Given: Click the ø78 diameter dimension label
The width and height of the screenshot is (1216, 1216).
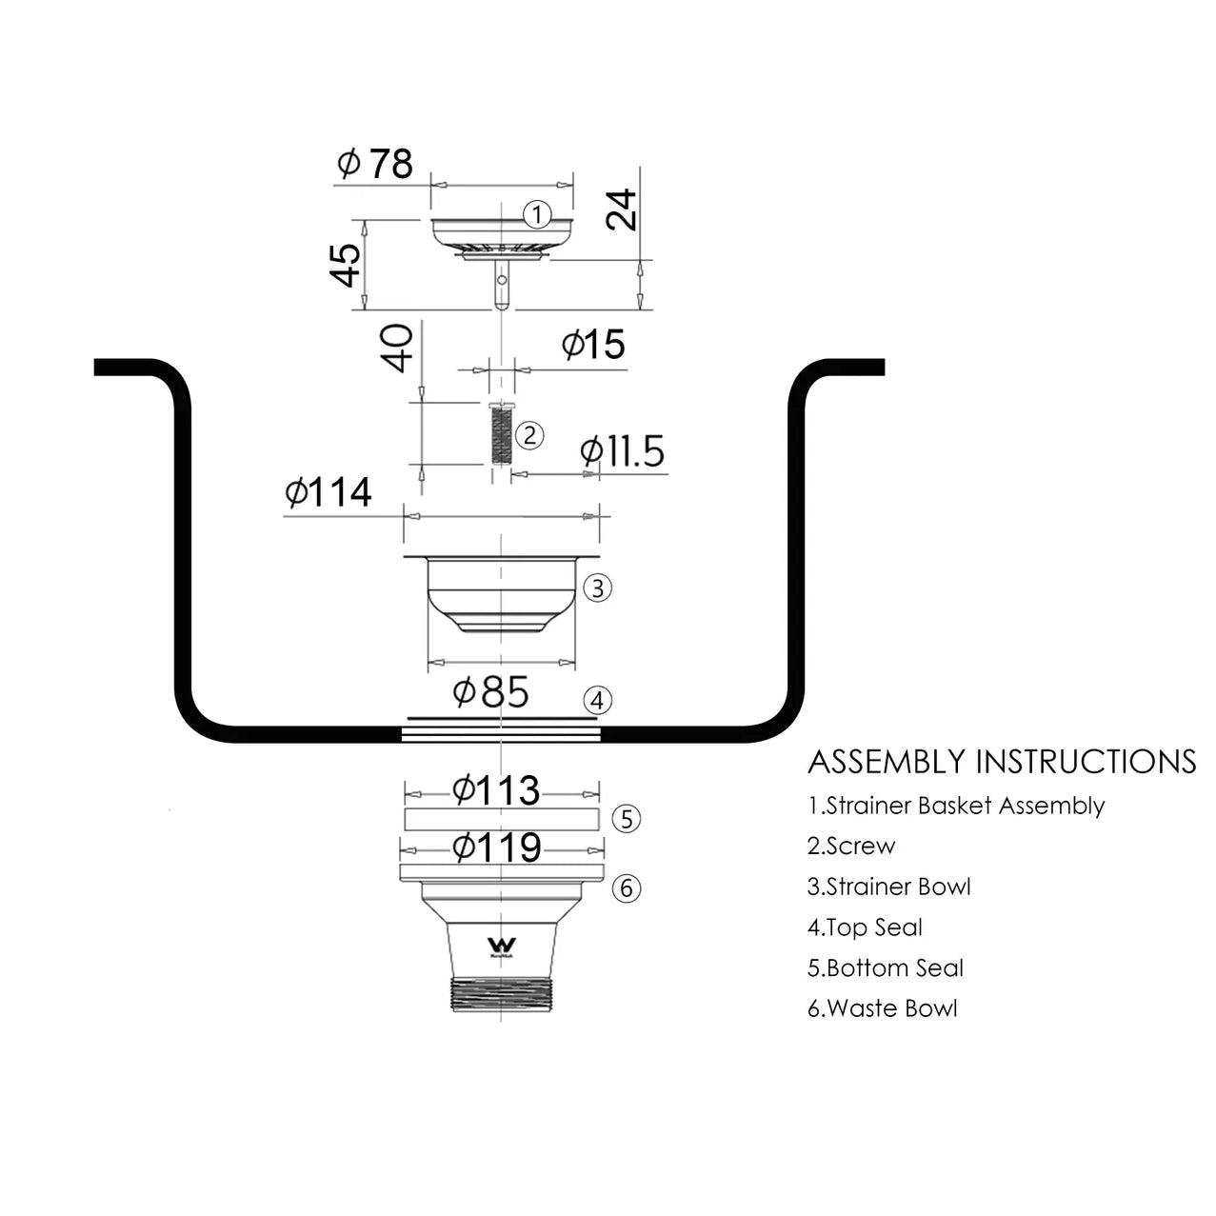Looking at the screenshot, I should click(x=375, y=164).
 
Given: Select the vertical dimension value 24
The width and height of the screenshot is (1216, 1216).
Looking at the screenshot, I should click(x=622, y=209).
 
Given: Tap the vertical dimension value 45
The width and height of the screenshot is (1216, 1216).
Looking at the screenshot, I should click(x=345, y=265).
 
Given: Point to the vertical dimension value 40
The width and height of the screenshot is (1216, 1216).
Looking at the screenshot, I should click(x=398, y=348).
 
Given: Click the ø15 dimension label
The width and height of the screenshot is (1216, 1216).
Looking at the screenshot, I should click(x=592, y=344).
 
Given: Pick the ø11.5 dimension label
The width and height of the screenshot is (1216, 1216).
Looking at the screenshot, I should click(x=622, y=451).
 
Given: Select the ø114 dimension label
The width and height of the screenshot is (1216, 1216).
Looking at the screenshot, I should click(x=328, y=493).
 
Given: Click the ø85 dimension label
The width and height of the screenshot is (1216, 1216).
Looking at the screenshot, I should click(x=490, y=692).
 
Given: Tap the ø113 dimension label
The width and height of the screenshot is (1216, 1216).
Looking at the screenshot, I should click(x=495, y=790).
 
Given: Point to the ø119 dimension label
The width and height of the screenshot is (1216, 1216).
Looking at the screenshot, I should click(x=496, y=847).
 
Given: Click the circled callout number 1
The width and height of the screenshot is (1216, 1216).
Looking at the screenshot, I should click(x=538, y=214).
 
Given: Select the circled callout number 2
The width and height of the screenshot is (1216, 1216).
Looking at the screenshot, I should click(x=529, y=436).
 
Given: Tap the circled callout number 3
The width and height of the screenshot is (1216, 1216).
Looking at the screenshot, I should click(x=597, y=588).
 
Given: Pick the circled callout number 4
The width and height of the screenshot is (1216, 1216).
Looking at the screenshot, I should click(x=597, y=702).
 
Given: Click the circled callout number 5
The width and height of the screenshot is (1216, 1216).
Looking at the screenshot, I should click(x=626, y=819).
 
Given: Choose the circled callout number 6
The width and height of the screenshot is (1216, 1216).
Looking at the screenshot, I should click(x=626, y=888).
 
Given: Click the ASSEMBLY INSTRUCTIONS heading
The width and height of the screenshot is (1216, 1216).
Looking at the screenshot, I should click(x=1002, y=762).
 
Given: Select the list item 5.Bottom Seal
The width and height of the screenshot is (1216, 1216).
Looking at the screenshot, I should click(x=886, y=968).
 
